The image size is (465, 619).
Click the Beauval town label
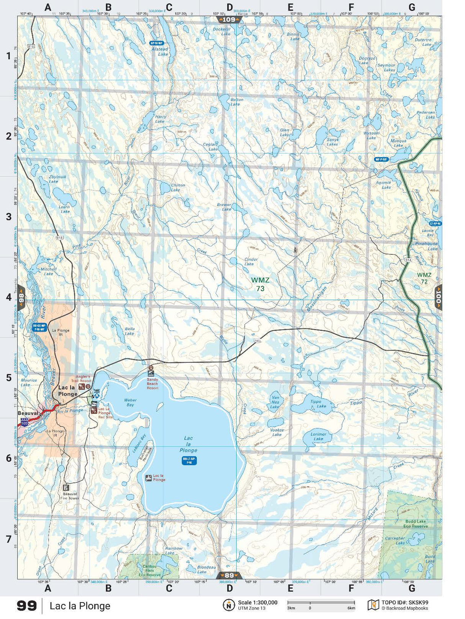(x=28, y=413)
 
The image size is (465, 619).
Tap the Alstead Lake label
(x=160, y=51)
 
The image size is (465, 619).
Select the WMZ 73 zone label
(x=260, y=284)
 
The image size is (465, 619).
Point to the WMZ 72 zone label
(x=424, y=278)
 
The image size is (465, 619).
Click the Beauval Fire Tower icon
(x=66, y=488)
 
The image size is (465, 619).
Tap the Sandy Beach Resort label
(x=152, y=383)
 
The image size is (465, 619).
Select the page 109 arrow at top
(x=229, y=20)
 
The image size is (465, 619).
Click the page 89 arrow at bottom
(x=229, y=575)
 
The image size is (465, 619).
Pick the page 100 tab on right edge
(x=438, y=297)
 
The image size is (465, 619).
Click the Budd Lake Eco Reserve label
(x=416, y=524)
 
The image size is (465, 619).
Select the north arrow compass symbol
(x=229, y=605)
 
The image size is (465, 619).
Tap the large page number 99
(x=27, y=606)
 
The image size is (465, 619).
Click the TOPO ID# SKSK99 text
(x=404, y=602)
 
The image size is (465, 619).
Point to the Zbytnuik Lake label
(x=57, y=179)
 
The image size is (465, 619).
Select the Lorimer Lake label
(x=318, y=437)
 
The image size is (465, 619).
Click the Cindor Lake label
(x=251, y=261)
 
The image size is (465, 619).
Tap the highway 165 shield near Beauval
(x=25, y=423)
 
